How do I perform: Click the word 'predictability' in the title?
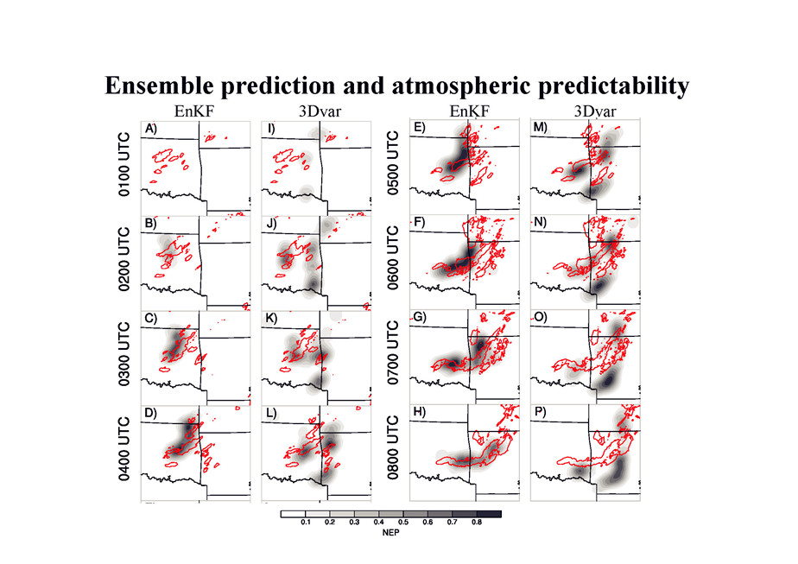(x=610, y=86)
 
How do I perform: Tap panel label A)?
(x=151, y=129)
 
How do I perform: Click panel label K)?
(x=271, y=319)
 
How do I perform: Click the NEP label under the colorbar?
(x=390, y=533)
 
